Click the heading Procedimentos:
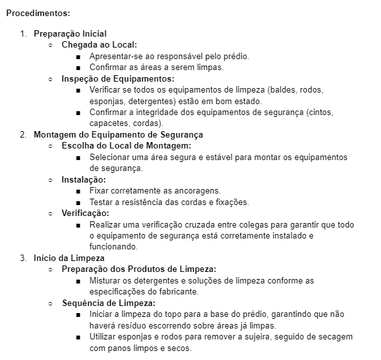(38, 12)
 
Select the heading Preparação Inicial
(70, 34)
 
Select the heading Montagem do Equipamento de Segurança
(118, 135)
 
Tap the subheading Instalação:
(84, 180)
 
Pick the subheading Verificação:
(86, 213)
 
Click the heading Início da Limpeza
(69, 258)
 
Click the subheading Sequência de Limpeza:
(109, 303)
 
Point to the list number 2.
(23, 135)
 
